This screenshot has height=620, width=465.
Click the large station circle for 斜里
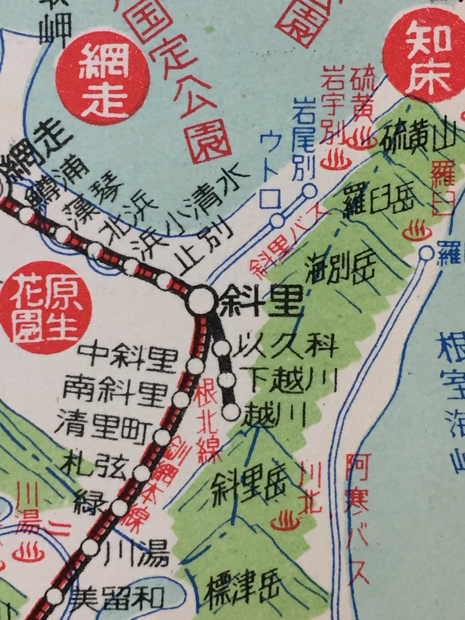(200, 300)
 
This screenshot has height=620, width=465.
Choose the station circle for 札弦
(141, 472)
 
